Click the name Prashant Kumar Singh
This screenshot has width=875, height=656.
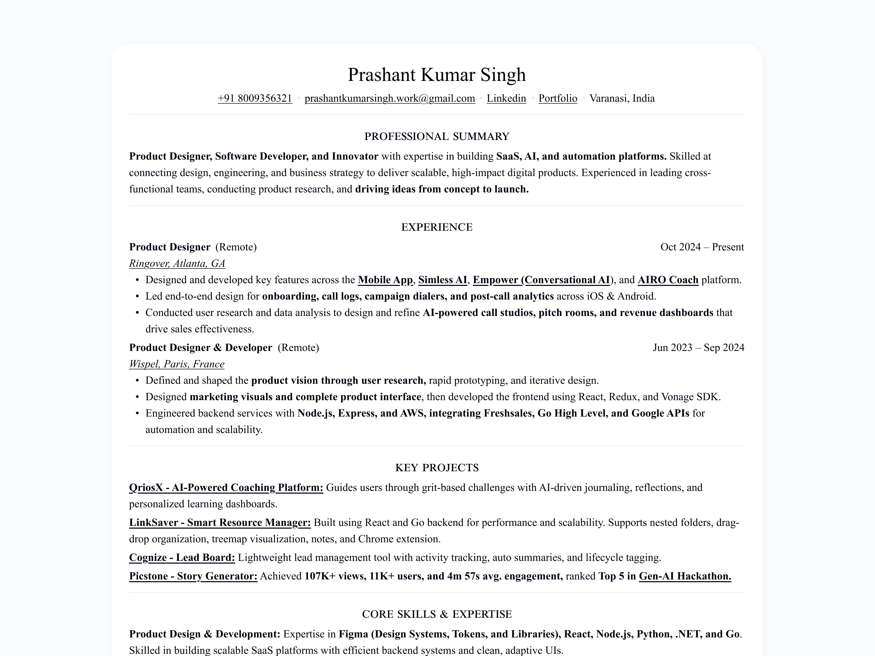437,75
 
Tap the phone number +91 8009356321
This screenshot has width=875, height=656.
255,98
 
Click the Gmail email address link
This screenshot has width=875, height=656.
390,98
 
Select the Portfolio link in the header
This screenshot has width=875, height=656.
558,98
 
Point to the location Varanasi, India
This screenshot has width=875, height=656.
622,98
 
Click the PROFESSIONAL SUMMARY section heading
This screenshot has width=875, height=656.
437,136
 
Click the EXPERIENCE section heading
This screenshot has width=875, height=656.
437,227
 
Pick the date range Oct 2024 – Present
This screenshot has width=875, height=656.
702,247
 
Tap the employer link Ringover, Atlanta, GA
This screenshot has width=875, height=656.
177,263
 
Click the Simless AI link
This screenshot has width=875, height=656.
443,280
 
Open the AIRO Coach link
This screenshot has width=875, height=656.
668,280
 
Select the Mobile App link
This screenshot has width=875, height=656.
385,280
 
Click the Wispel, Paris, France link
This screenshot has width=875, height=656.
176,364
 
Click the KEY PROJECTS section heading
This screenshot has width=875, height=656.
437,468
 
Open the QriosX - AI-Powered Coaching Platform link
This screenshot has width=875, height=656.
226,488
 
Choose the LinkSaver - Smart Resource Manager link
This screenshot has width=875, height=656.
220,522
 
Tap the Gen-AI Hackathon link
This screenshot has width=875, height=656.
685,576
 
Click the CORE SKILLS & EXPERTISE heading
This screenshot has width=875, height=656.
437,614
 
